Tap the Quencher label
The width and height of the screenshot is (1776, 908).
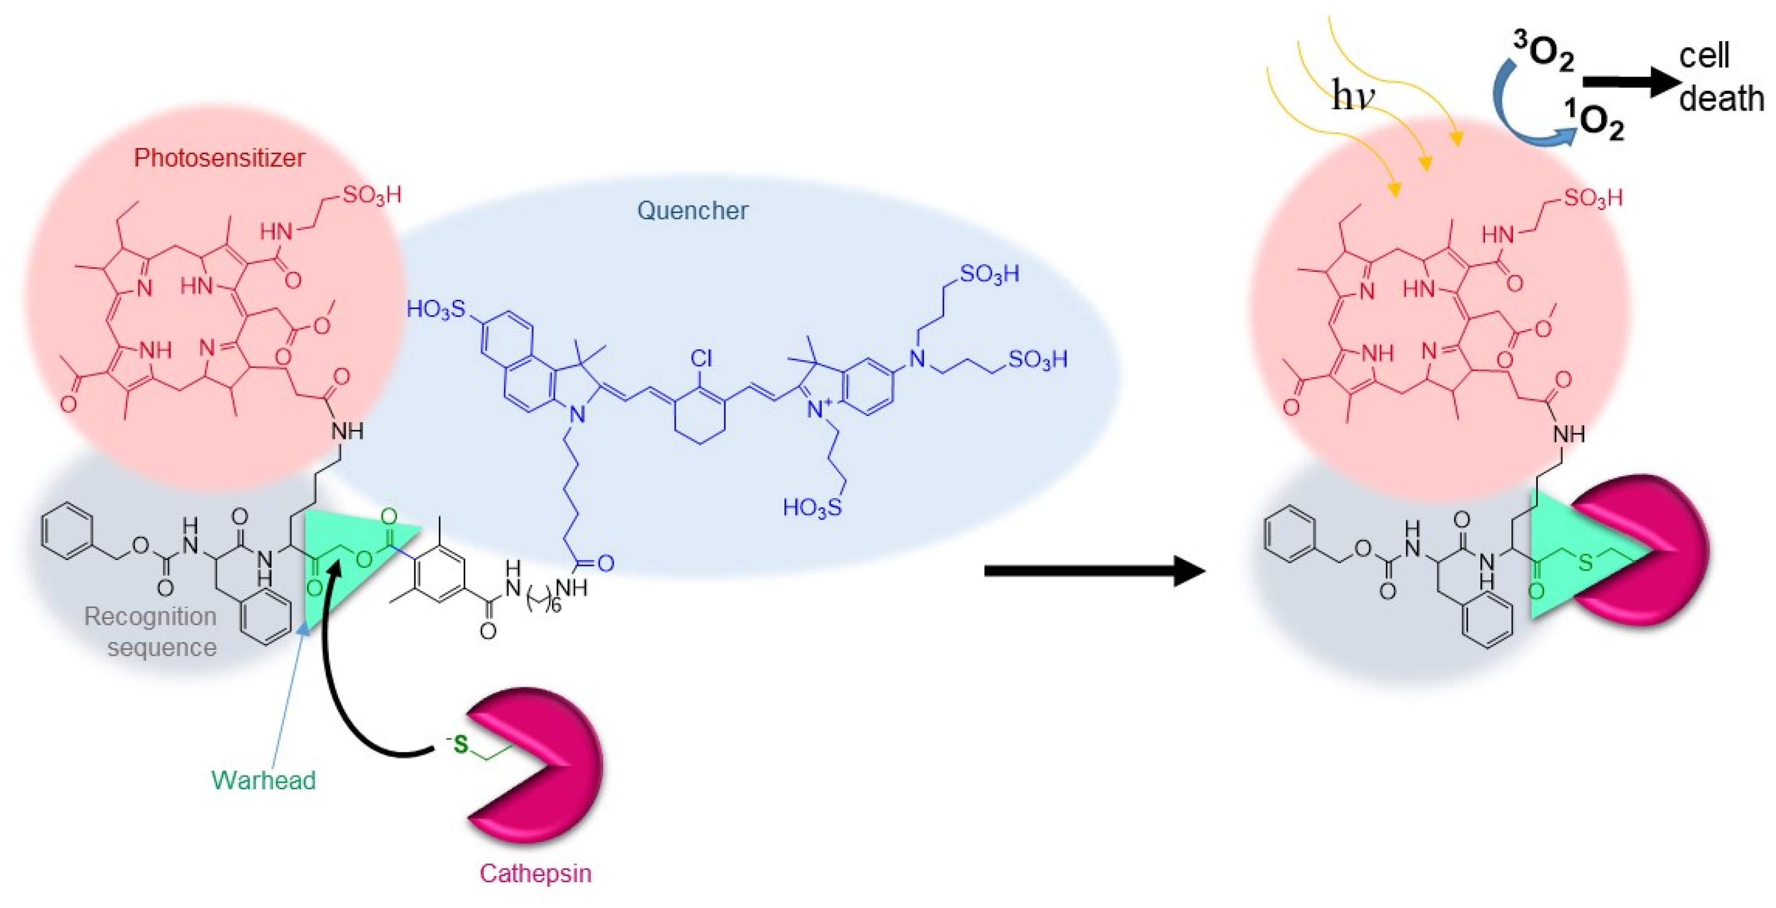pyautogui.click(x=692, y=210)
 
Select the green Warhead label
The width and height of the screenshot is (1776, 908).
pyautogui.click(x=264, y=780)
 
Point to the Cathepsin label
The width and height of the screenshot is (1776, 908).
pyautogui.click(x=535, y=873)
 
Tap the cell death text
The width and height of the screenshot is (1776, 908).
pyautogui.click(x=1720, y=77)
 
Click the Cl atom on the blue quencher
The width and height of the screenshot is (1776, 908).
pyautogui.click(x=701, y=358)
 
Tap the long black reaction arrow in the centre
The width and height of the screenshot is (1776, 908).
pyautogui.click(x=1093, y=571)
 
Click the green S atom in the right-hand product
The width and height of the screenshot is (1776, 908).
pyautogui.click(x=1585, y=563)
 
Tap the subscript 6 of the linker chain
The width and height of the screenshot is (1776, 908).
pyautogui.click(x=555, y=606)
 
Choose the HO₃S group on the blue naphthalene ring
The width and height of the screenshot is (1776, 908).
pyautogui.click(x=436, y=309)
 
